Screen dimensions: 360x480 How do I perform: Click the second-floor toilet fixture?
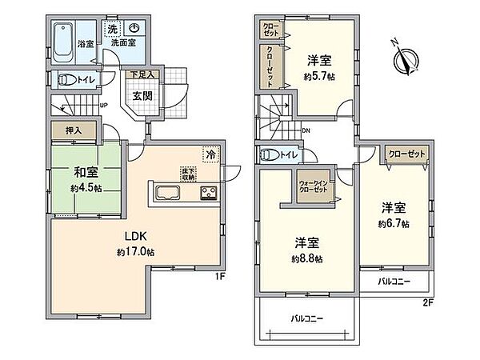pos(269,155)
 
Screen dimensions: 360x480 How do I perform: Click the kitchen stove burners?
pos(209,193)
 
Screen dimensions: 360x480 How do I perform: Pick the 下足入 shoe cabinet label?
pos(144,75)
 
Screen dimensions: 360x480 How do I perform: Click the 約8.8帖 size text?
pos(306,258)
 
